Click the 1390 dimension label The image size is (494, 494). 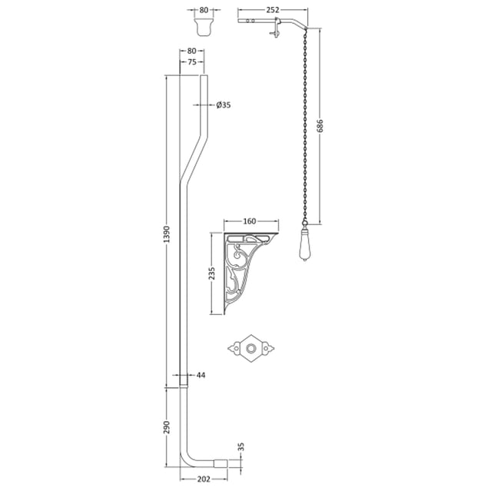(x=167, y=234)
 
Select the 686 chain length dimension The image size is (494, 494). (x=320, y=126)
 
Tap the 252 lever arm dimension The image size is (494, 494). (x=273, y=10)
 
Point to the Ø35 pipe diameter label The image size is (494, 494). (x=224, y=105)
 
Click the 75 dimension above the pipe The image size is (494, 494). (x=192, y=62)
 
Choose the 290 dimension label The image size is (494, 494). (x=167, y=427)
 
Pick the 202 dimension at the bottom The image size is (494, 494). (x=204, y=479)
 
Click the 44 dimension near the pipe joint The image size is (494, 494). (x=201, y=375)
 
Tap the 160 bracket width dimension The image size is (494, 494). (x=250, y=221)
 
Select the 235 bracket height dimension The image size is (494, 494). (x=212, y=274)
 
